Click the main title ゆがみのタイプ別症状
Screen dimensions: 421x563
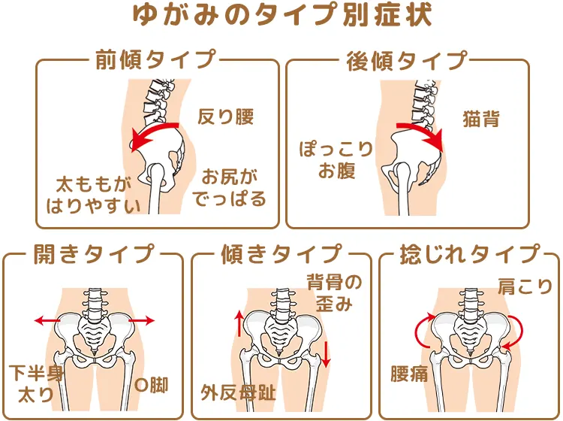281,17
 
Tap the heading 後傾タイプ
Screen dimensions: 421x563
406,60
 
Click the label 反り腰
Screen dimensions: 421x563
225,117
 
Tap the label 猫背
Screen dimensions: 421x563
481,119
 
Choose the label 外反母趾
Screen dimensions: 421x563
238,391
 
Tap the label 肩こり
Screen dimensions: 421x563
524,286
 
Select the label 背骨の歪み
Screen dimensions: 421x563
334,292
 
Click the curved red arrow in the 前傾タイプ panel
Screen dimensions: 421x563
155,133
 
